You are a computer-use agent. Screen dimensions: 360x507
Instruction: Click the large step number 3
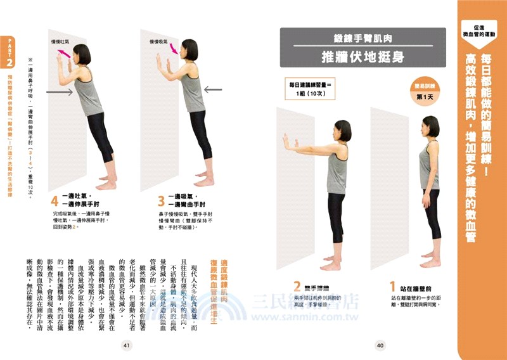coord(161,201)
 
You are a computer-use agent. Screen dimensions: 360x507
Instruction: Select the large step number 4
coord(55,201)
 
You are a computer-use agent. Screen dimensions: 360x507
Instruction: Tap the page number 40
coord(380,345)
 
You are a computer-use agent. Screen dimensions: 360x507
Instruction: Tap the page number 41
coord(126,345)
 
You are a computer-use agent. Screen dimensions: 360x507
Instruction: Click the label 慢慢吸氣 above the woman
coord(158,42)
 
